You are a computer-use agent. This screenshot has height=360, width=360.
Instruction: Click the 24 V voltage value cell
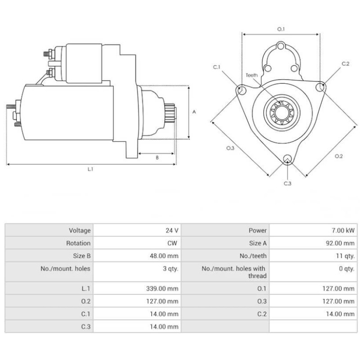pos(172,230)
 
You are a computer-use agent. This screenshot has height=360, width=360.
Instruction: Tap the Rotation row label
pos(79,243)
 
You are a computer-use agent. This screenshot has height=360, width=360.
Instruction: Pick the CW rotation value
pos(173,243)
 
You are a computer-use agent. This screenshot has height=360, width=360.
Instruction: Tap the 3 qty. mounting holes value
pos(170,269)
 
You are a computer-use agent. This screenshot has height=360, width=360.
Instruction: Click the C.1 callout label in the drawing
pos(216,67)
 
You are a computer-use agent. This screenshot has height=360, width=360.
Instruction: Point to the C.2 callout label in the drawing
pos(345,64)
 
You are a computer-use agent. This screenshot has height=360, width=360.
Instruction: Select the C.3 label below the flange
pos(288,183)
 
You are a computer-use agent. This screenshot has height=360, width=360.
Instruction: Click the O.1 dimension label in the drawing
pos(281,29)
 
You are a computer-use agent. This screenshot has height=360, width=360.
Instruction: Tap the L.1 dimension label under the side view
pos(90,169)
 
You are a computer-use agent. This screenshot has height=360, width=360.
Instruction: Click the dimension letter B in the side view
pos(157,157)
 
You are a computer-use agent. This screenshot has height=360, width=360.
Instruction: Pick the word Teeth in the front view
pos(252,75)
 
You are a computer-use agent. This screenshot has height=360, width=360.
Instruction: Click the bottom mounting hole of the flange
pos(288,159)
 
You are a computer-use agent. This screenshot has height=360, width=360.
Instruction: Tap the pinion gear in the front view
pos(280,112)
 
